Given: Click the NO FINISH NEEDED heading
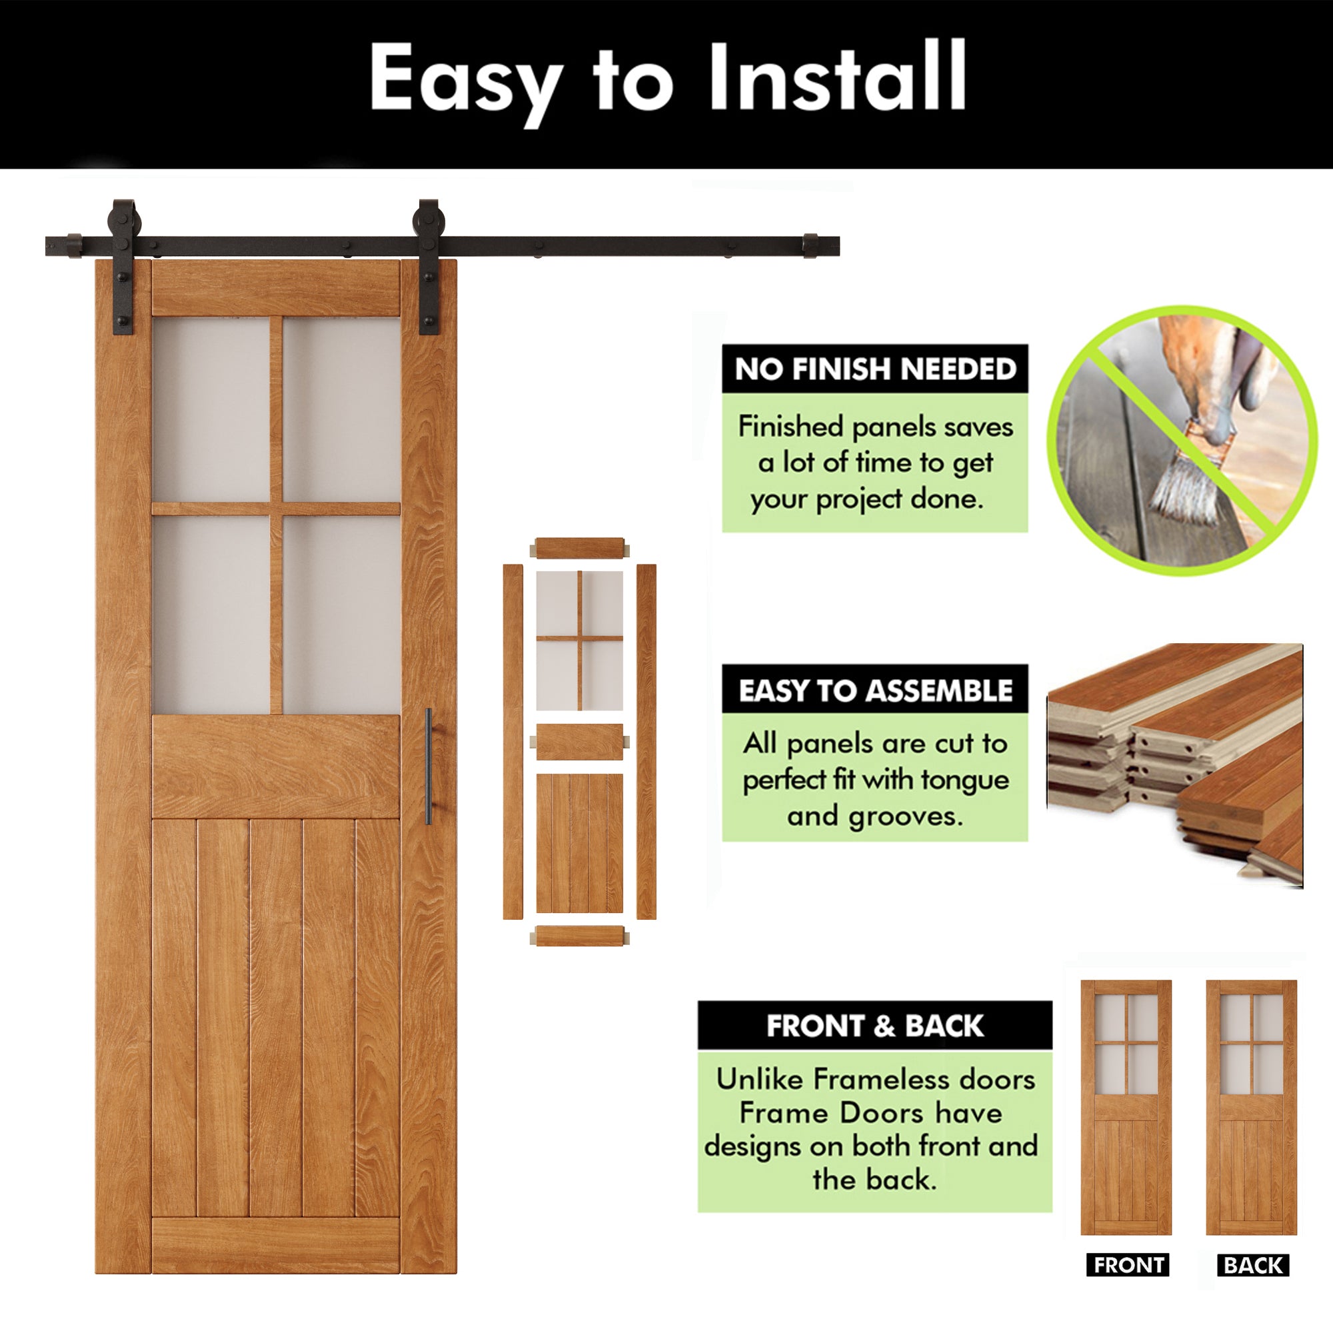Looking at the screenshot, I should [875, 369].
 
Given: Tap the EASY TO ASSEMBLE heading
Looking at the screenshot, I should [875, 690].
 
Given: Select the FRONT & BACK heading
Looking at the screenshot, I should [875, 1025].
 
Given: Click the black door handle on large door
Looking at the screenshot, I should [429, 766].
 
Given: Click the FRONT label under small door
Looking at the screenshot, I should [1128, 1265].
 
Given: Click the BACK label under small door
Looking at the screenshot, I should [1253, 1265].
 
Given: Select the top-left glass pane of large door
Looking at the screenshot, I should [211, 409].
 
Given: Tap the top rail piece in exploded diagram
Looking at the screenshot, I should [580, 549].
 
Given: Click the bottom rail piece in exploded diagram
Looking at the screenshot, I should [580, 936].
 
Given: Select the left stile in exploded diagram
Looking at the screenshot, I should [513, 742].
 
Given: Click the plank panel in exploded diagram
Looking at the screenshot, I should [580, 842].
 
